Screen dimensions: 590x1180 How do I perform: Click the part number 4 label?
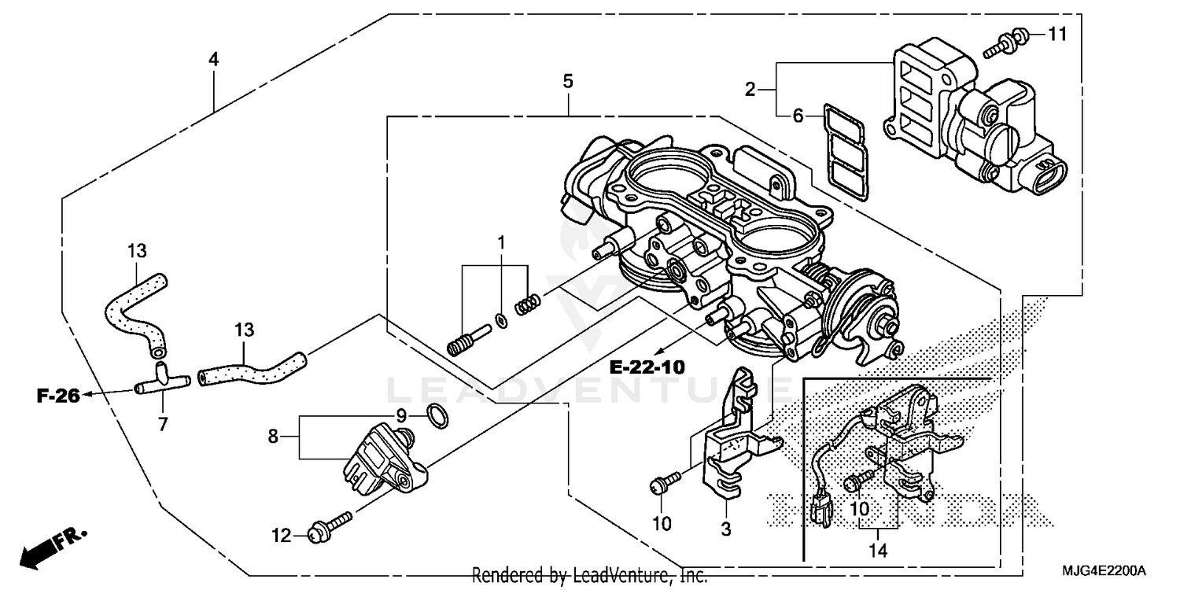(x=213, y=59)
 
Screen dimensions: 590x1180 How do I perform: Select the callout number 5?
(x=568, y=80)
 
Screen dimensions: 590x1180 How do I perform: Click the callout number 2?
(x=750, y=90)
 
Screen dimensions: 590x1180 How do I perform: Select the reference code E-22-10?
(x=647, y=367)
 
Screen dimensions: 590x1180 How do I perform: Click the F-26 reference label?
(x=58, y=396)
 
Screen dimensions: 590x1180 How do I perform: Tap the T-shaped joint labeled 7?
(x=162, y=379)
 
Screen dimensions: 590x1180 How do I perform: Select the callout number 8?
(x=273, y=436)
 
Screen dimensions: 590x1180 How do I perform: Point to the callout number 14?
(x=877, y=551)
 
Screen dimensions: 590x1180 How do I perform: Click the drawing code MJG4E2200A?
(x=1109, y=570)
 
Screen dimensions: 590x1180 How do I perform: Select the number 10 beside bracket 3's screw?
(x=662, y=524)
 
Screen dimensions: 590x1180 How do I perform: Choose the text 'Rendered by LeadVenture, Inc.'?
(x=589, y=575)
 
